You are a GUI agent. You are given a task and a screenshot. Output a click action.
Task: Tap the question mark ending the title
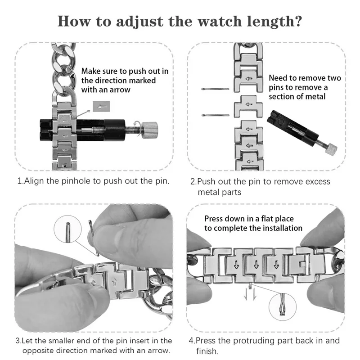297,21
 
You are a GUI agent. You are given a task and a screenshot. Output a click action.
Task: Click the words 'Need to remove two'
305,78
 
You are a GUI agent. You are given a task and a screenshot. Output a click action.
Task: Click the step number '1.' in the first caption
20,181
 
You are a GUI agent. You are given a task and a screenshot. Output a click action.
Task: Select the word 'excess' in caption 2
315,181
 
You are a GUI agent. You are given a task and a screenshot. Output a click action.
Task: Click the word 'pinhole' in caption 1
74,181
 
